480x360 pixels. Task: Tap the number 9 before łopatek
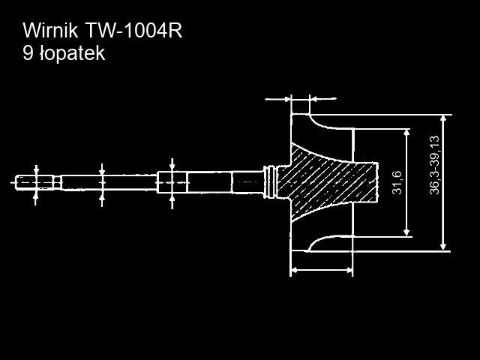tap(28, 54)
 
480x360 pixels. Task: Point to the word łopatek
tap(73, 55)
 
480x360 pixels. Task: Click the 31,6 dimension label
tap(397, 182)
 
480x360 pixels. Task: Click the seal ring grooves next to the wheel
tap(271, 181)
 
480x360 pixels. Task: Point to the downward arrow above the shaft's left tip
tap(36, 169)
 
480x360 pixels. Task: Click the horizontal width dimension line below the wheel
tap(321, 268)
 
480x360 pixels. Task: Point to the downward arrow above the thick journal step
tap(172, 165)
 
